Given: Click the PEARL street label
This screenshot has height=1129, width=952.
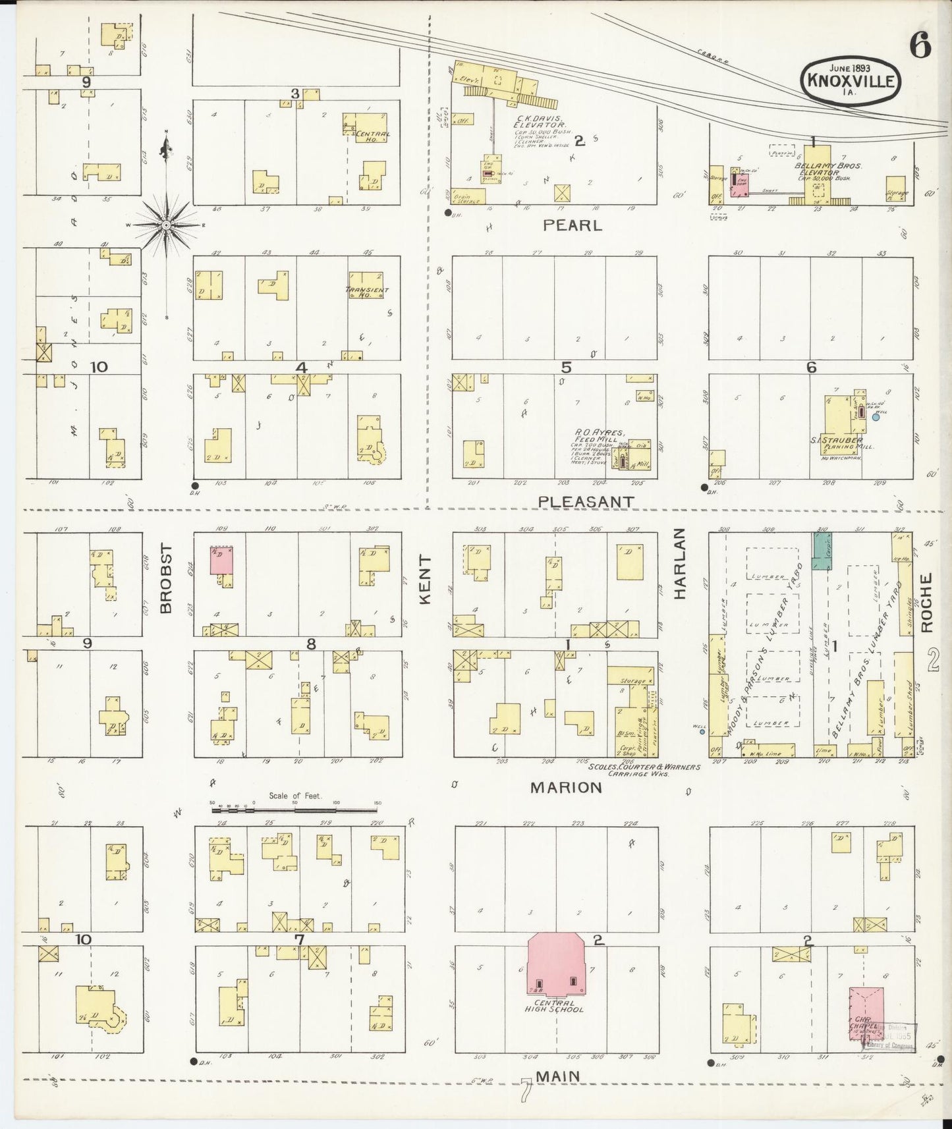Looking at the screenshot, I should [572, 225].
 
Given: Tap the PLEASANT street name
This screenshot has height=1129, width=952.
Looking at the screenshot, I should [586, 502].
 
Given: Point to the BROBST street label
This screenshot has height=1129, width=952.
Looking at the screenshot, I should [165, 578].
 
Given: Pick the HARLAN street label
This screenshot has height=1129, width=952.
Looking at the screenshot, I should [679, 564].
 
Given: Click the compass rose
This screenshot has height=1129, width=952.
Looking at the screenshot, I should [167, 225].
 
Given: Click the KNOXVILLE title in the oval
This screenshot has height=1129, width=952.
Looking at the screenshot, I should [849, 82].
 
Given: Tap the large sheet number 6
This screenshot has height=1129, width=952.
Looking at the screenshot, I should [920, 46].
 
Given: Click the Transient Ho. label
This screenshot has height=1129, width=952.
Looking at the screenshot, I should [366, 292].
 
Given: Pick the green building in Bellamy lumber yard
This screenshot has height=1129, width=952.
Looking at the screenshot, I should [822, 551].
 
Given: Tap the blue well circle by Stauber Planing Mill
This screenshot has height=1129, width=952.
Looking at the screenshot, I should [875, 416].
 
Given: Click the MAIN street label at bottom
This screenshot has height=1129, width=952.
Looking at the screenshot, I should [558, 1076].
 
